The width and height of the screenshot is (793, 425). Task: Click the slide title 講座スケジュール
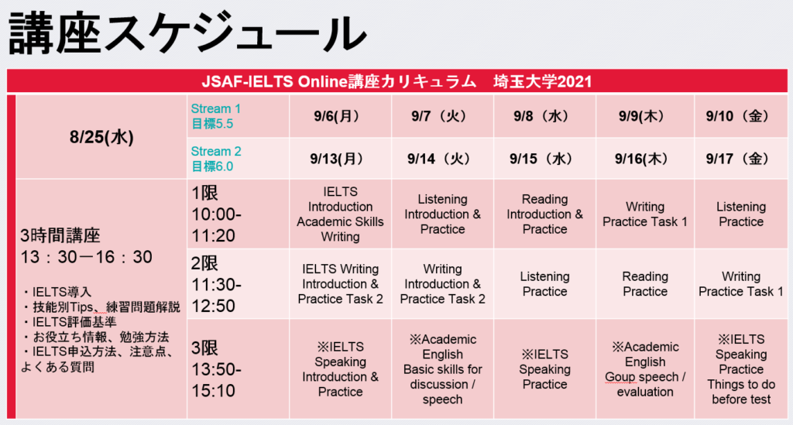(x=187, y=33)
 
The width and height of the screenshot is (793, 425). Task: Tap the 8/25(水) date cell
(x=101, y=137)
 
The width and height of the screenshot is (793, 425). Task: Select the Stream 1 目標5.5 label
(x=216, y=115)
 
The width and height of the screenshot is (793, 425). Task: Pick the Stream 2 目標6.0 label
(x=216, y=159)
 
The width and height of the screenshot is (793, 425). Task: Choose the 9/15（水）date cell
(x=541, y=159)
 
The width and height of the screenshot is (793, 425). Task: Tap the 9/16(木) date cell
(x=641, y=159)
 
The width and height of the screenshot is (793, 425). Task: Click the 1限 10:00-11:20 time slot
(x=217, y=214)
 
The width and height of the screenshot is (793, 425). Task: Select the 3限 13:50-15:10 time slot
(x=217, y=369)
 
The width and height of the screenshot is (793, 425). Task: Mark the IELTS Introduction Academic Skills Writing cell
(x=341, y=214)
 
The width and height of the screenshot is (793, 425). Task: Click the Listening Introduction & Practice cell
(x=442, y=214)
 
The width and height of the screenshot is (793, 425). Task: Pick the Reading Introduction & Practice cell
(x=544, y=214)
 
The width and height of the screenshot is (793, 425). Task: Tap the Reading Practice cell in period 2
(x=645, y=283)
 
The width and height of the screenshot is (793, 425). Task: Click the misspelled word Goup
(x=621, y=377)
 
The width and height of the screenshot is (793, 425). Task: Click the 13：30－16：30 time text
(x=87, y=257)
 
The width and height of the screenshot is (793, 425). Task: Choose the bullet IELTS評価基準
(x=69, y=322)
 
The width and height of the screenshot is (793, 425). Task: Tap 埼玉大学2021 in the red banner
(x=542, y=81)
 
